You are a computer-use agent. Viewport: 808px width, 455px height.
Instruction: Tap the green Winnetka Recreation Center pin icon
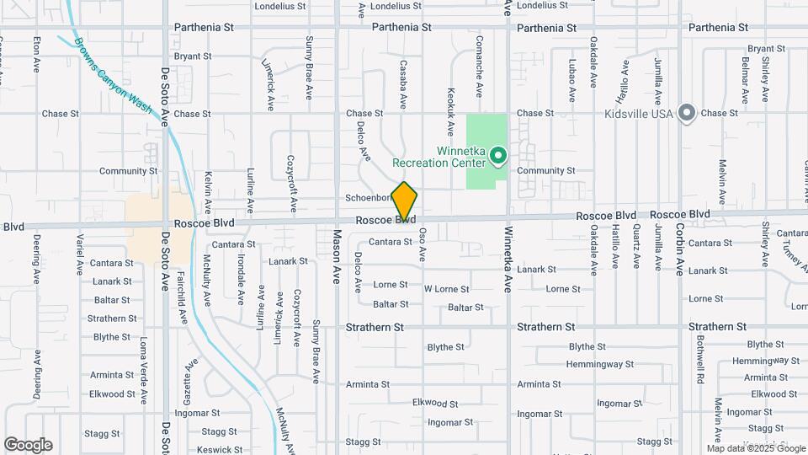(x=498, y=155)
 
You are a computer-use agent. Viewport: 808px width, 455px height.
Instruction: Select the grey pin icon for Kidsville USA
(x=687, y=113)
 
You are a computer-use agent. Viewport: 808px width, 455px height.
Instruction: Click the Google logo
(x=28, y=445)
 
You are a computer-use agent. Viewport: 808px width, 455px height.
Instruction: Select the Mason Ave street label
(x=337, y=256)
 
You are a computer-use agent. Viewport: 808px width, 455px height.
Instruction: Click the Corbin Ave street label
(x=680, y=251)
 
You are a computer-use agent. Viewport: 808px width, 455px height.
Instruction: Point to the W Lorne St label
(x=446, y=289)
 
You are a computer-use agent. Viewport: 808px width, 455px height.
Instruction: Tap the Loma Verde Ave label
(x=144, y=371)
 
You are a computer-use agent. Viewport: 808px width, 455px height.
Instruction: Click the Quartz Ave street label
(x=637, y=246)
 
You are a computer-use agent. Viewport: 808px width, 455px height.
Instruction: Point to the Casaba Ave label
(x=403, y=84)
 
